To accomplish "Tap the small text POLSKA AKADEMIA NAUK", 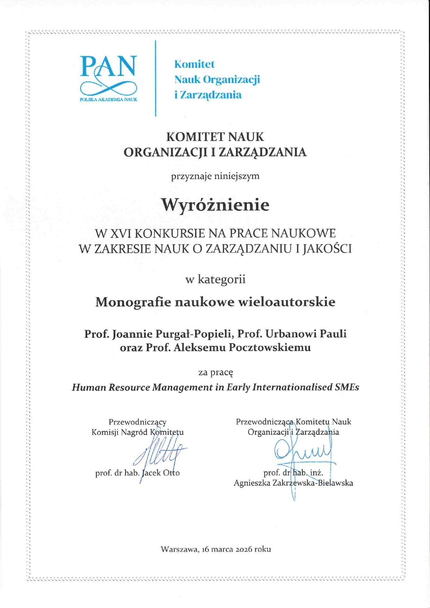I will click(x=108, y=99).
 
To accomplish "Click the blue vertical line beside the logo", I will click(x=155, y=78).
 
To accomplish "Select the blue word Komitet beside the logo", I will click(x=194, y=64).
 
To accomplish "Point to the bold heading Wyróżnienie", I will click(x=215, y=205).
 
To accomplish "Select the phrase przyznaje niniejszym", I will click(x=215, y=176).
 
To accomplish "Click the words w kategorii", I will click(x=215, y=279).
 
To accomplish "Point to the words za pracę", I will click(x=215, y=373).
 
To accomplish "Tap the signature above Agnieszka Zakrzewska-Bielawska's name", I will click(x=302, y=451).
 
